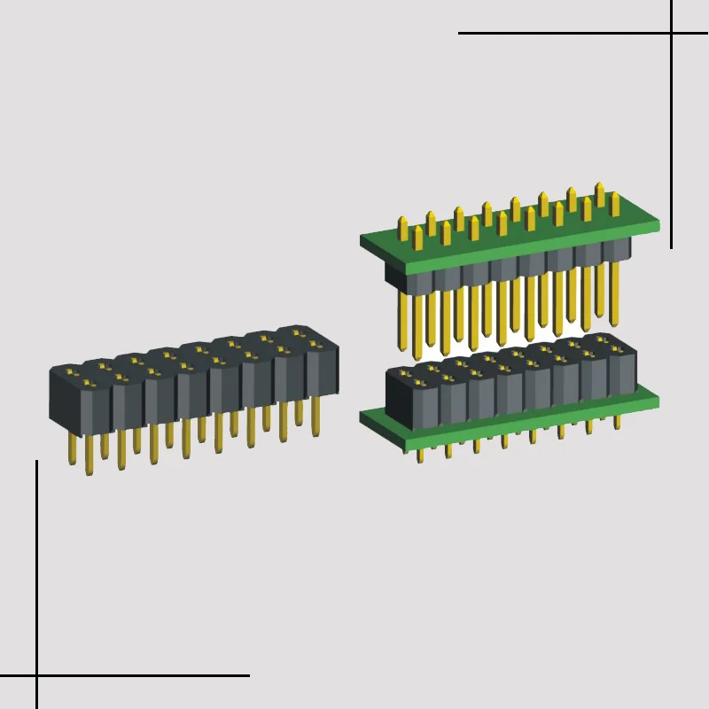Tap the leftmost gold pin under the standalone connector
click(71, 448)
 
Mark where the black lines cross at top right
click(671, 34)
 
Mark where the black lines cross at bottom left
click(36, 675)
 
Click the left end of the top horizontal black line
click(460, 34)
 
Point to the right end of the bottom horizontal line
click(248, 675)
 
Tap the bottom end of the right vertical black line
click(671, 247)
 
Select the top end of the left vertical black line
click(36, 462)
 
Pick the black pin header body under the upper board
click(505, 269)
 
